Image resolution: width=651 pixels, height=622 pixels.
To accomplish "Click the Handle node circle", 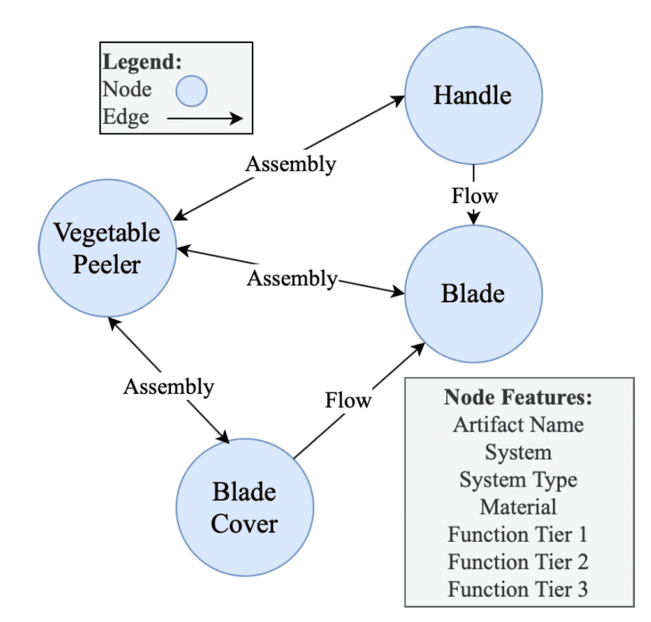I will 473,96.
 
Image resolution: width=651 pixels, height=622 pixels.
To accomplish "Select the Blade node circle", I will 473,294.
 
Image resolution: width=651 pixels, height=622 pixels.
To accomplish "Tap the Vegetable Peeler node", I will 107,248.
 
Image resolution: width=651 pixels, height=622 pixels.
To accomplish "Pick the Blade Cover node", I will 244,507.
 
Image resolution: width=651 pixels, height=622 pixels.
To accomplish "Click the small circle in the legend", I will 191,91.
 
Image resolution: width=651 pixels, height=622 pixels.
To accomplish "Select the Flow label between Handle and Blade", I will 475,196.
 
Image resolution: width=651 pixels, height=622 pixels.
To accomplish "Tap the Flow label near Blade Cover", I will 349,400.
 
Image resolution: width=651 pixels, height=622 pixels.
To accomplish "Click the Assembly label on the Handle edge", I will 291,164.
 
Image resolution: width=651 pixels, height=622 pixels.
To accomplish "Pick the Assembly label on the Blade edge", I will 292,278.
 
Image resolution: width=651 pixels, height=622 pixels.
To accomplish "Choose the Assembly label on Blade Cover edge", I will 168,387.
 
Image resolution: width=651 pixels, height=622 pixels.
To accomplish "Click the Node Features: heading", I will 518,397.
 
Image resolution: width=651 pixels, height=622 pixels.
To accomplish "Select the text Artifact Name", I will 518,425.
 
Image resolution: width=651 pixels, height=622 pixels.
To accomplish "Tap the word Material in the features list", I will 518,507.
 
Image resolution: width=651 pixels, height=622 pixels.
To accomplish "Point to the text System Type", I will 518,479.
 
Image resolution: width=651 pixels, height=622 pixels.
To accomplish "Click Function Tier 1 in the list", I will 518,534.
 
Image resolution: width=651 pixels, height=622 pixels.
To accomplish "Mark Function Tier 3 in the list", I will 518,589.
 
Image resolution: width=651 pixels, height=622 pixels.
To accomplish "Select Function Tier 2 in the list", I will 518,562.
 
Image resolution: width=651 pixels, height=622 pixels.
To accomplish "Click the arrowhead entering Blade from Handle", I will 473,219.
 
